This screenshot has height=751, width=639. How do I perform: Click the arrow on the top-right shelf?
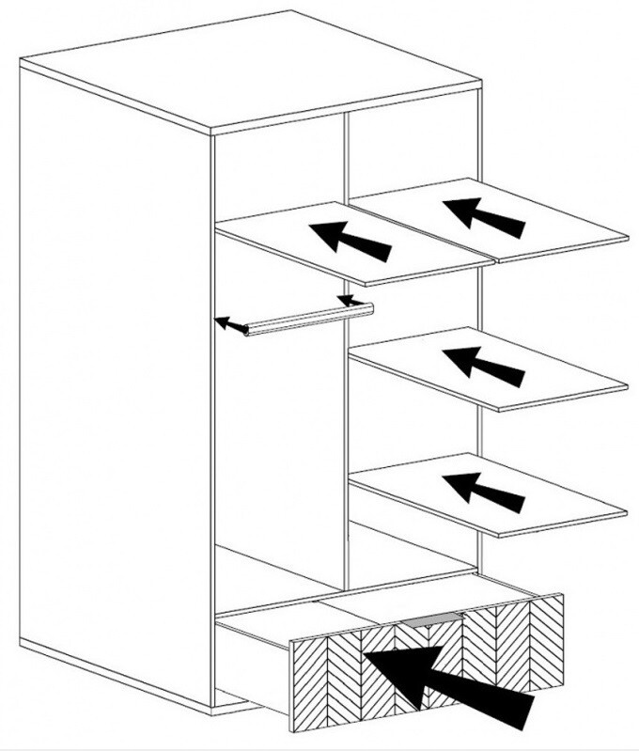point(485,215)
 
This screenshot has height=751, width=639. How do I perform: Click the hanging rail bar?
point(310,318)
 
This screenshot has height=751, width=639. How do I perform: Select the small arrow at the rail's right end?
point(351,301)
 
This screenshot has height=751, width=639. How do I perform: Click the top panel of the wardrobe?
point(244,70)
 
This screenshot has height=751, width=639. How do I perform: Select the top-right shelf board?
point(564,226)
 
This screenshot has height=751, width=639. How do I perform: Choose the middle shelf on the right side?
point(564,376)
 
